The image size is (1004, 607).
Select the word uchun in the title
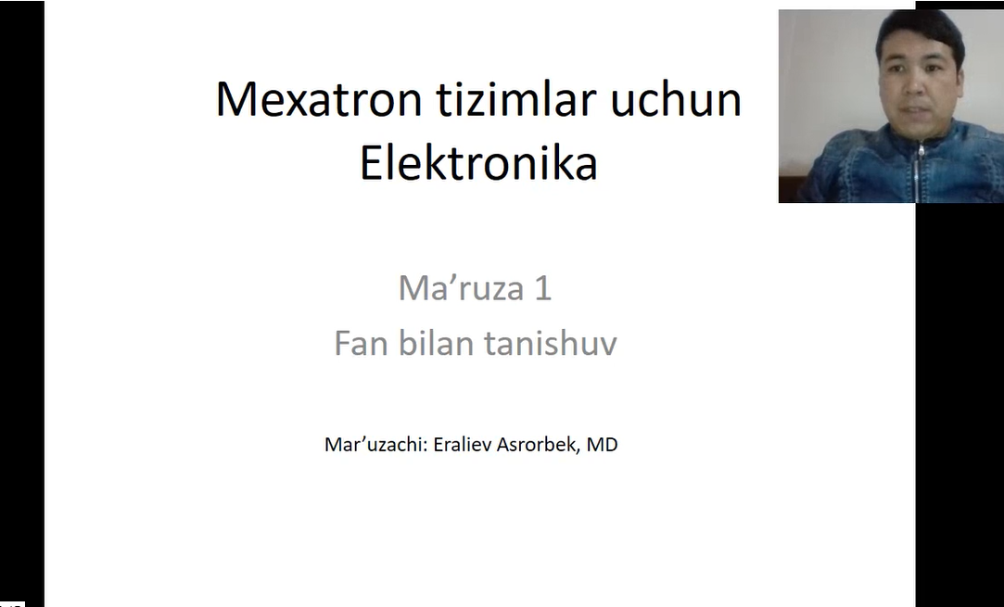676,99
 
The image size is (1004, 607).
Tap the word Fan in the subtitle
361,343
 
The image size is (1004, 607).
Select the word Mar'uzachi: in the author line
375,445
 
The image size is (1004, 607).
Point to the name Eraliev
463,445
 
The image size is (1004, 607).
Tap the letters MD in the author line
602,445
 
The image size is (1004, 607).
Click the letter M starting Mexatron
233,100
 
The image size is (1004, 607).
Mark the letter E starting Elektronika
371,163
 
